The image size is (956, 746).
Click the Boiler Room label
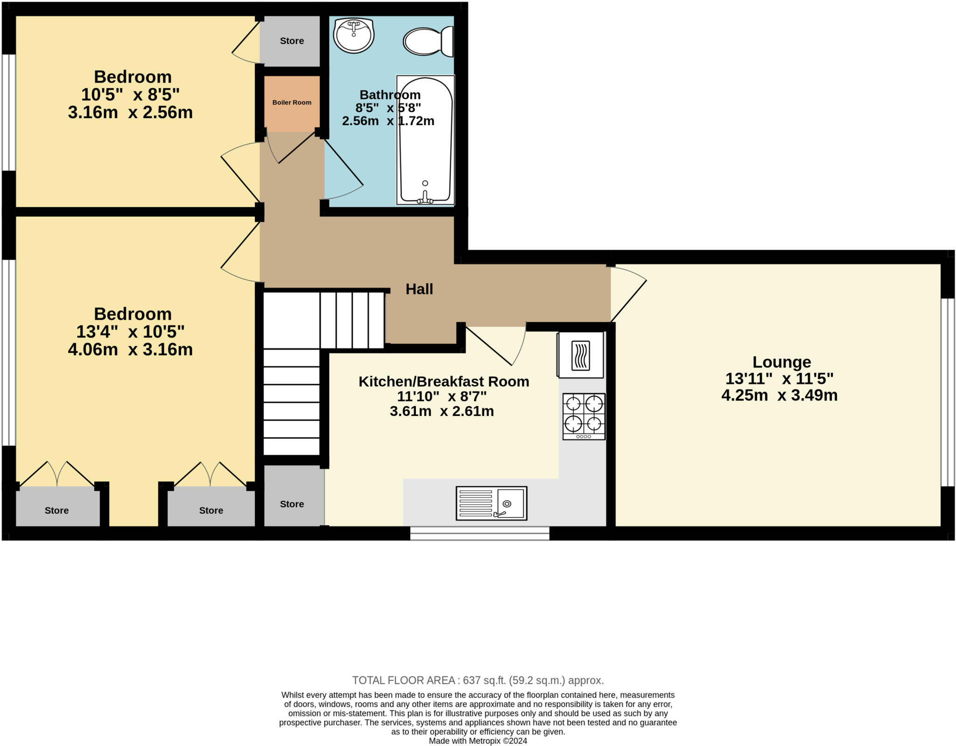[x=292, y=102]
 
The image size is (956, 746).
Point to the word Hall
[x=419, y=289]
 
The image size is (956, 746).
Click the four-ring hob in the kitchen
[x=583, y=416]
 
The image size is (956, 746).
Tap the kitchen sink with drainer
[x=491, y=503]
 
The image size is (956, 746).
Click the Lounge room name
[x=781, y=362]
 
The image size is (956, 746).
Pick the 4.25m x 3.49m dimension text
[x=779, y=395]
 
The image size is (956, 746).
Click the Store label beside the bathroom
[x=292, y=41]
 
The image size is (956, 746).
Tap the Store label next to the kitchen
[x=292, y=504]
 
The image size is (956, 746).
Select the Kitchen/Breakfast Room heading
[x=443, y=381]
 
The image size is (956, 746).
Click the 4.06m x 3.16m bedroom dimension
[x=130, y=350]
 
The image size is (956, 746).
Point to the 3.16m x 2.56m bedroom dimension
[x=130, y=113]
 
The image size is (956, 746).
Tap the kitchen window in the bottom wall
[x=479, y=533]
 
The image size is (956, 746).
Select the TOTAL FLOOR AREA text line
[x=478, y=680]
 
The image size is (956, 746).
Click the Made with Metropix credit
[x=478, y=741]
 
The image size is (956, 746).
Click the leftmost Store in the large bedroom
[x=56, y=511]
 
